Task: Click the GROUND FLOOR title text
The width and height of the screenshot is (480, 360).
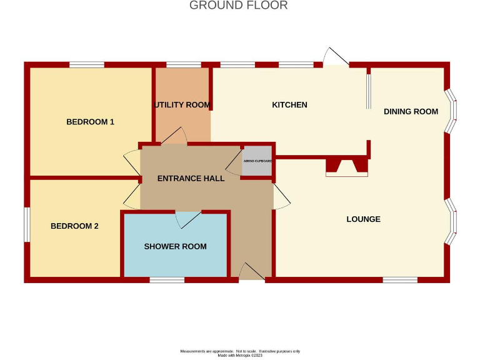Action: pos(238,6)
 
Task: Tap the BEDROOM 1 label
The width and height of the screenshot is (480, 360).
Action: pos(90,122)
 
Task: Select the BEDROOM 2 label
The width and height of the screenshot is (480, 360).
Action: pos(74,226)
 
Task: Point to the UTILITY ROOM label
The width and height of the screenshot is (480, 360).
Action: pos(182,105)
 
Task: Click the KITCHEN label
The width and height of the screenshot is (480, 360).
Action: pos(289,105)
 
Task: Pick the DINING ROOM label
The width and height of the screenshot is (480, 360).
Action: pos(411,112)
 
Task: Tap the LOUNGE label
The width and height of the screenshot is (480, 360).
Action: pos(363,219)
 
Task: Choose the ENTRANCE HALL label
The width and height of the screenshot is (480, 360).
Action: pos(191,179)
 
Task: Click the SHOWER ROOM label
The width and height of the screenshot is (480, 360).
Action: pos(175,246)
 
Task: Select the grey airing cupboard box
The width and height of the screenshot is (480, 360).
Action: pos(257,161)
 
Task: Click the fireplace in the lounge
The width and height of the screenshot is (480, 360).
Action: pos(346,167)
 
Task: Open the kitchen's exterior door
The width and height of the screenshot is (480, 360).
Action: pos(336,57)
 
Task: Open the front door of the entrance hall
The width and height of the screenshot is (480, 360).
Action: pos(252,272)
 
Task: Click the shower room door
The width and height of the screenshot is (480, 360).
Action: pos(188,219)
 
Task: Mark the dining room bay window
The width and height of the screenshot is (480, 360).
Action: pos(451,111)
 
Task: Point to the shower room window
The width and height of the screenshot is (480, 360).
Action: pos(167,280)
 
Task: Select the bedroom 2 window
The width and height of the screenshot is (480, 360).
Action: pos(26,224)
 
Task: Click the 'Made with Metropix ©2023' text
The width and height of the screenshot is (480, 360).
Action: pos(240,356)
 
